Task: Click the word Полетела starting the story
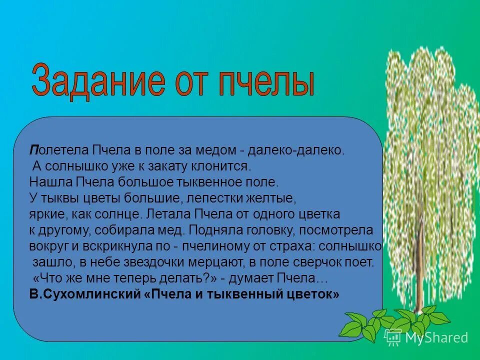tap(59, 150)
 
